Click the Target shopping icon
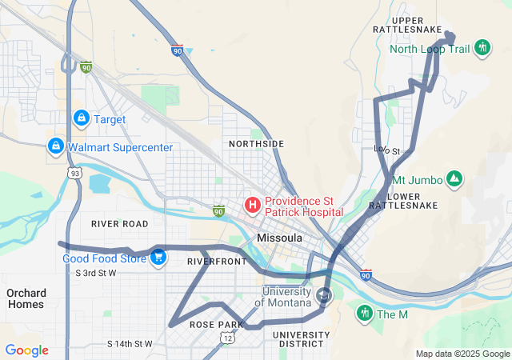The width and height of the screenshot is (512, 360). click(81, 119)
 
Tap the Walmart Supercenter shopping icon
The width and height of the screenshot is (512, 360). click(55, 147)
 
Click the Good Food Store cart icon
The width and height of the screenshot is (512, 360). click(158, 258)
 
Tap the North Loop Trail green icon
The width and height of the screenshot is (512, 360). click(482, 48)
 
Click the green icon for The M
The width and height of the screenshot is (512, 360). click(365, 314)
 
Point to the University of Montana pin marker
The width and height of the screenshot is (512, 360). click(324, 295)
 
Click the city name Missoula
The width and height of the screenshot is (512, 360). click(279, 238)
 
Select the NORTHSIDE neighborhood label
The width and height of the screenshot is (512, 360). click(256, 144)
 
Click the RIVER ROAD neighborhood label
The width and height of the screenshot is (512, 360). click(120, 223)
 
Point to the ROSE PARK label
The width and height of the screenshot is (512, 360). click(215, 325)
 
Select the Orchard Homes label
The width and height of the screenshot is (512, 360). click(26, 298)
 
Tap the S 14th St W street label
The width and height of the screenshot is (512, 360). click(129, 344)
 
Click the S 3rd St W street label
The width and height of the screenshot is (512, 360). click(95, 274)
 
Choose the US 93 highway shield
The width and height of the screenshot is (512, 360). click(74, 174)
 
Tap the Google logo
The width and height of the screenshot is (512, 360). click(26, 350)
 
